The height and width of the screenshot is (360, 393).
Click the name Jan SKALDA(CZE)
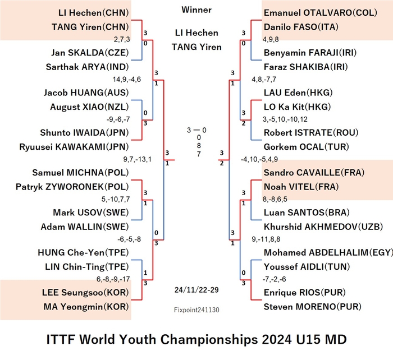point(90,53)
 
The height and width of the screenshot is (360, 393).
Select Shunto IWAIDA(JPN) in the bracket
point(84,132)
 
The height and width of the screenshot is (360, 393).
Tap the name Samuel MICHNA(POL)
point(80,173)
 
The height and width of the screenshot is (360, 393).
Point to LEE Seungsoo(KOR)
point(85,292)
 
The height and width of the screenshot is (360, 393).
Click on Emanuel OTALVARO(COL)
point(321,12)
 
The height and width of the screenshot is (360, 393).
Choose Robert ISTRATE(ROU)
point(311,132)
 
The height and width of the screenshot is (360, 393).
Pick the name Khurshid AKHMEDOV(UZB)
point(323,227)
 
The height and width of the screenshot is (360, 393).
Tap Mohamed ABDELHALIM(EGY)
point(328,252)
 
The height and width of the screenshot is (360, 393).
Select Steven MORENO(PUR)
point(313,307)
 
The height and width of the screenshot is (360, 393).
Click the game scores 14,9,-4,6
point(127,80)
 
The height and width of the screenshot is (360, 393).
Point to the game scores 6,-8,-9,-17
point(113,279)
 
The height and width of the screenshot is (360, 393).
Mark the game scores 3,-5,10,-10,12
point(285,119)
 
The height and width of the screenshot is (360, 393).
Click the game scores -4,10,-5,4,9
point(259,159)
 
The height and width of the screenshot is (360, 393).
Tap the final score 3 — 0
point(196,130)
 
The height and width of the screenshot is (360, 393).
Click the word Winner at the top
point(196,10)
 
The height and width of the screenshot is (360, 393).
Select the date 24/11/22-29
point(196,290)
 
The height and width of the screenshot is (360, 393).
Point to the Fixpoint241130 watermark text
point(196,310)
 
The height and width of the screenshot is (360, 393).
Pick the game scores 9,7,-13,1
point(138,159)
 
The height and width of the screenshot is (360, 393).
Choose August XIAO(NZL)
point(89,107)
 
